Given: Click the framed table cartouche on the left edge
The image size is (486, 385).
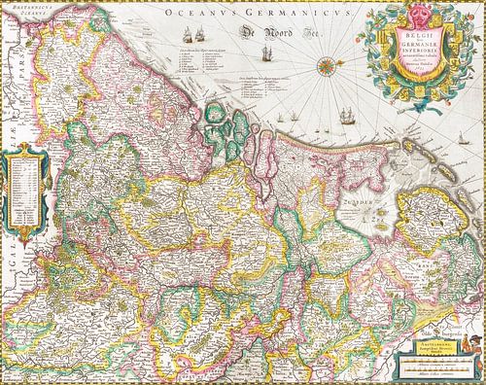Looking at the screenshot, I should pyautogui.click(x=25, y=185).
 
